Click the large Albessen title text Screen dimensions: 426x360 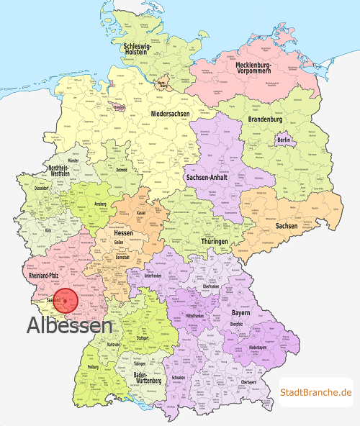click(70, 325)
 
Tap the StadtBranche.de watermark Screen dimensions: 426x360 click(316, 392)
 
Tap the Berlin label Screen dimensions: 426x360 click(284, 140)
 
